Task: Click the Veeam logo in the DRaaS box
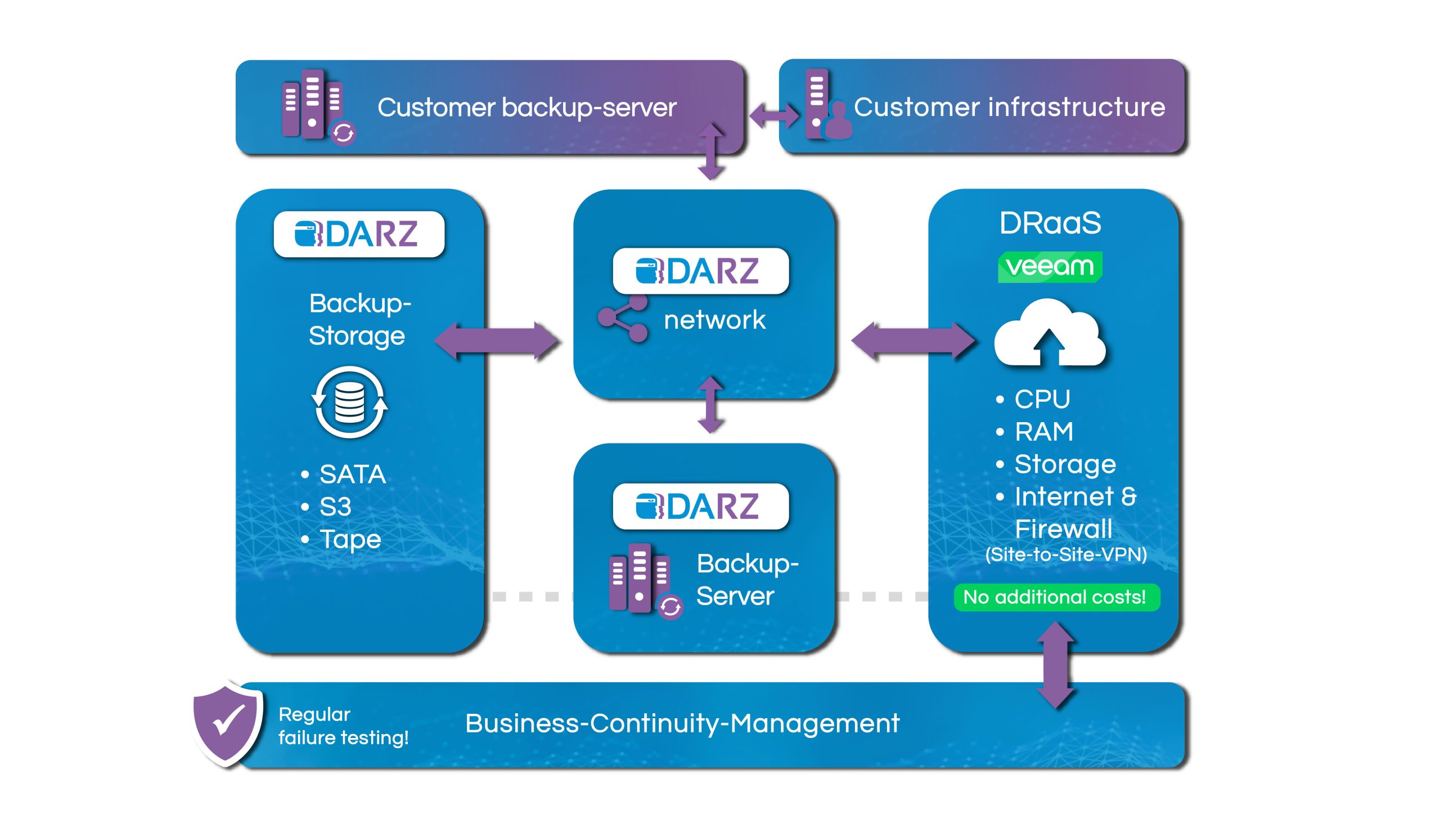pos(1050,266)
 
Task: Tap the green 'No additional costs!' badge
pos(1056,597)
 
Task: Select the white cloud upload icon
pos(1050,333)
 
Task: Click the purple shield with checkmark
pos(227,723)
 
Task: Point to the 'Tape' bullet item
pos(349,539)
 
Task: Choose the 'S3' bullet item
pos(335,507)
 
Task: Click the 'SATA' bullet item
pos(352,475)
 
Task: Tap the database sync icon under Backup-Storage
pos(349,402)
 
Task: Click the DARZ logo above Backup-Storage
pos(358,234)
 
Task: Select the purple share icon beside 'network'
pos(623,319)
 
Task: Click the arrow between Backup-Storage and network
pos(496,341)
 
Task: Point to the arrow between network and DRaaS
pos(912,341)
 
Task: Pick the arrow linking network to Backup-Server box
pos(710,405)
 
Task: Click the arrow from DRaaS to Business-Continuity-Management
pos(1055,665)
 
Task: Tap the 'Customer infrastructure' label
pos(1009,107)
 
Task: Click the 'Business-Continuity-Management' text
pos(682,723)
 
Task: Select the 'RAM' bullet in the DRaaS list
pos(1043,432)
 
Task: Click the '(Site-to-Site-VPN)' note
pos(1065,554)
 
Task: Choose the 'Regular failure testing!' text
pos(343,726)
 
